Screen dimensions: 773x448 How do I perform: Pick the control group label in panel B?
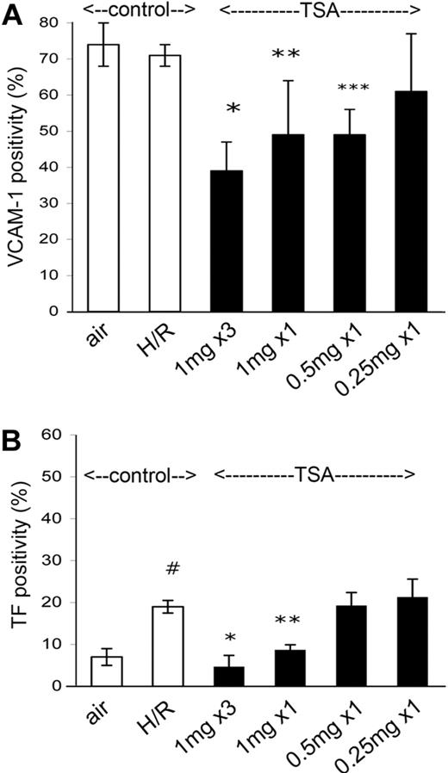140,475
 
